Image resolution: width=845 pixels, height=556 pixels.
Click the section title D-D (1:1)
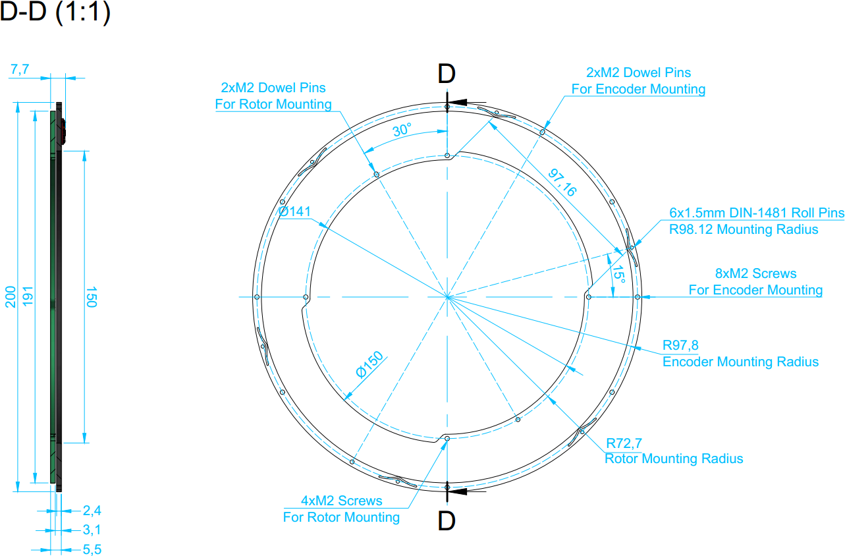55,12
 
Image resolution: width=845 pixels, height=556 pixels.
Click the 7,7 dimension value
20,69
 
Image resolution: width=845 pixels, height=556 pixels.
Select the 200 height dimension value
11,297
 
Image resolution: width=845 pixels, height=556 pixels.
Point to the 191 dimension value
28,296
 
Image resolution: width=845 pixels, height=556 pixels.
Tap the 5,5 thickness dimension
92,549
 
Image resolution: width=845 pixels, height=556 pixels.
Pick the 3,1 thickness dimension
92,530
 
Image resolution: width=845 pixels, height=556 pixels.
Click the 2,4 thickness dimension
92,511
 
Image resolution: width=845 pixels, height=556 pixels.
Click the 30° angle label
402,130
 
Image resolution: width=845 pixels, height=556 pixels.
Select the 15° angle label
618,274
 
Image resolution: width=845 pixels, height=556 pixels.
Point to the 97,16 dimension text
562,182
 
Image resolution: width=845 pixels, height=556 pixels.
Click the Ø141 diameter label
294,211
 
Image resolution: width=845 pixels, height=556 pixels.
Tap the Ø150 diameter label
369,364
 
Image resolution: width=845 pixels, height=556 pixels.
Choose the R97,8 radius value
680,345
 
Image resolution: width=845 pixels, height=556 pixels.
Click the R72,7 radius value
624,443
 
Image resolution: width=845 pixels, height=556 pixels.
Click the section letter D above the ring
447,74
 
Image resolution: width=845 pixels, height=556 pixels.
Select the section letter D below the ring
447,521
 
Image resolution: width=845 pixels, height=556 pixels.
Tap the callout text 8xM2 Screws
756,273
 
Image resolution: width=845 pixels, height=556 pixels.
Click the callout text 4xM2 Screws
341,501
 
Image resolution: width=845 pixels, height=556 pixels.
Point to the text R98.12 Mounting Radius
744,229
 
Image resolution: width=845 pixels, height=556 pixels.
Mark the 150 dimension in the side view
92,297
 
